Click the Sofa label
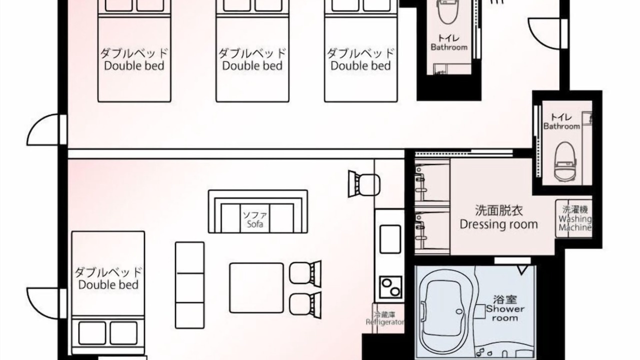click(255, 223)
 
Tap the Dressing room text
click(498, 224)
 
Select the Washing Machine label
click(575, 223)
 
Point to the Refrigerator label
click(385, 322)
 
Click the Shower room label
click(505, 313)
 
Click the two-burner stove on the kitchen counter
click(390, 287)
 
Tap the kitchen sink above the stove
click(390, 239)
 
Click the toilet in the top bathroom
click(448, 11)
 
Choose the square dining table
click(256, 288)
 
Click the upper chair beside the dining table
click(305, 273)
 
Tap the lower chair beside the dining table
click(305, 305)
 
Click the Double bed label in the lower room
click(108, 284)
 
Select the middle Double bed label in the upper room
click(252, 65)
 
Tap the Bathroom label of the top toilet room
click(449, 47)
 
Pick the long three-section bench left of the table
click(189, 285)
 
